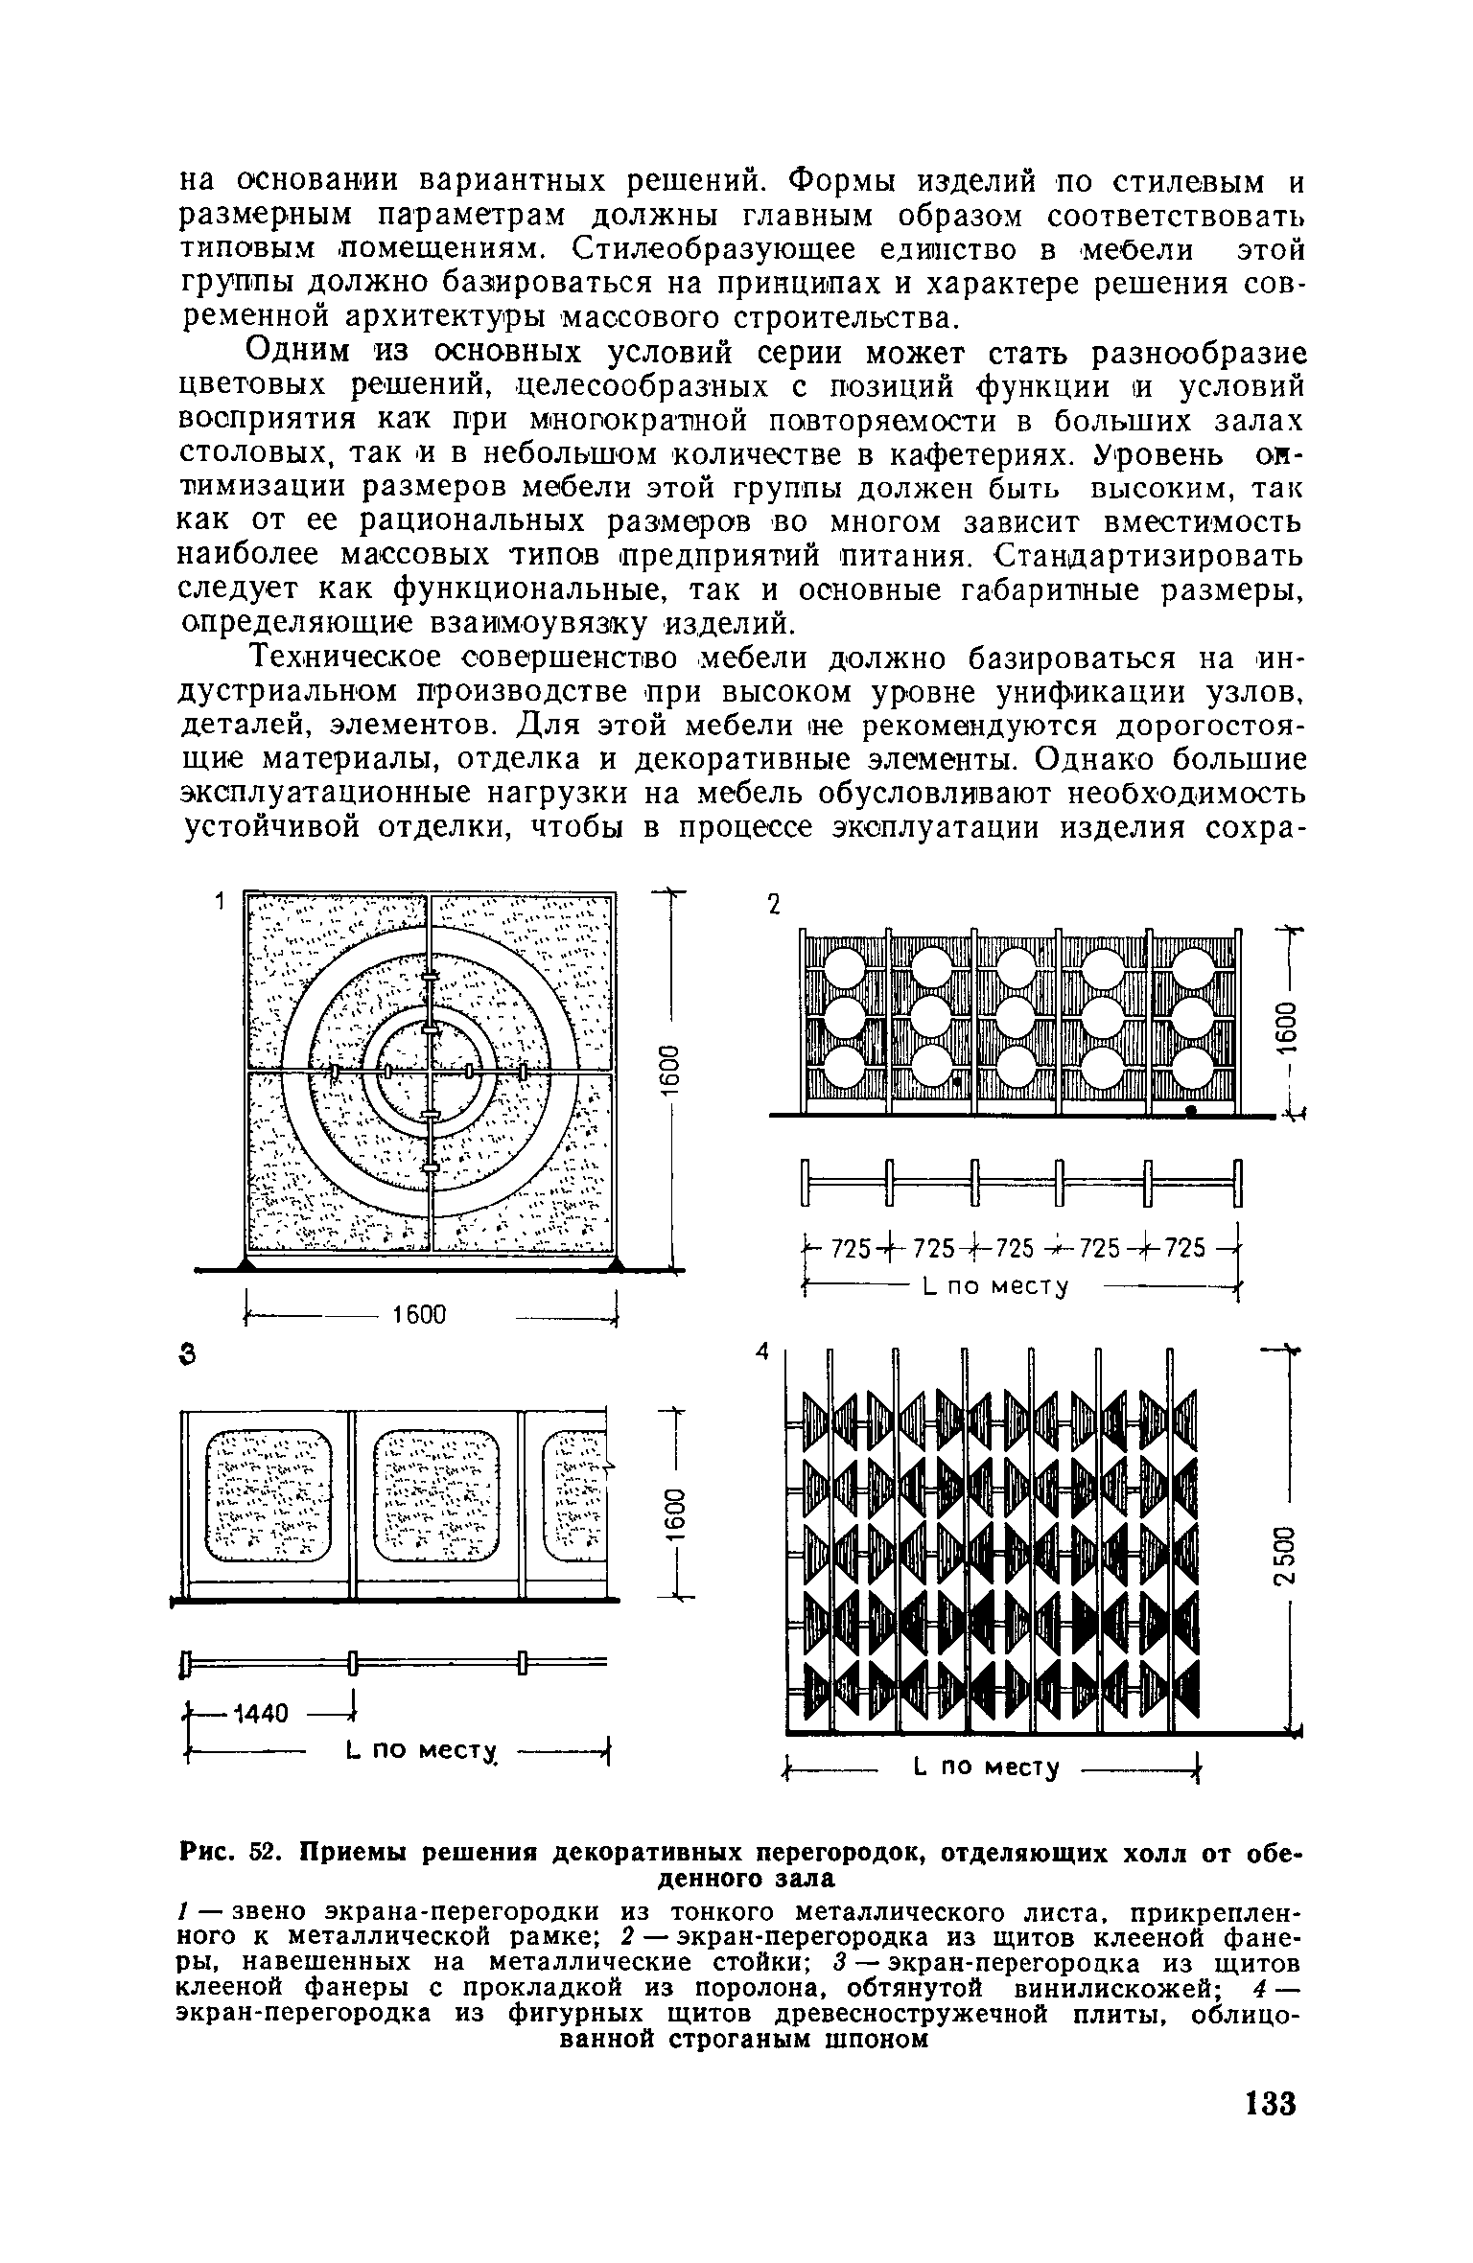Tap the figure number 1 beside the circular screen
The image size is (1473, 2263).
[x=220, y=902]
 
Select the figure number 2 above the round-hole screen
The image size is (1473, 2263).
[x=775, y=906]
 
